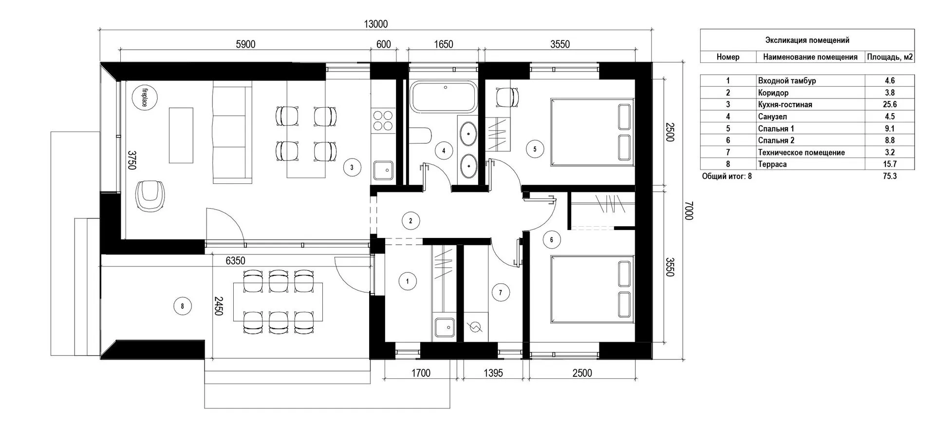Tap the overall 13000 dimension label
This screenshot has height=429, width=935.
[x=375, y=24]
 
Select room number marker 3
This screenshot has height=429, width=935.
[x=352, y=168]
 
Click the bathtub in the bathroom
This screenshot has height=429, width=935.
[x=443, y=97]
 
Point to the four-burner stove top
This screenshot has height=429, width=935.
[x=383, y=120]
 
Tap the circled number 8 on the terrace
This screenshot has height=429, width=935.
[x=183, y=306]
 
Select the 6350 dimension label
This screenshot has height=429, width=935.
[x=235, y=261]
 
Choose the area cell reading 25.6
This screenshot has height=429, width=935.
[x=889, y=104]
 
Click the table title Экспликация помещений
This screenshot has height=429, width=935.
[x=807, y=40]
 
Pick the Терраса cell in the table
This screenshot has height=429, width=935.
[x=772, y=164]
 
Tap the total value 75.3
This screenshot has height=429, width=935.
[x=890, y=176]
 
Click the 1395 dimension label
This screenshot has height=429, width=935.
[x=493, y=373]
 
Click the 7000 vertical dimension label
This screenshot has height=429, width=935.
[x=688, y=211]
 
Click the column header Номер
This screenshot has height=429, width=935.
[x=728, y=57]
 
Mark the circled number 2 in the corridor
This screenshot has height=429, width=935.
[x=411, y=221]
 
